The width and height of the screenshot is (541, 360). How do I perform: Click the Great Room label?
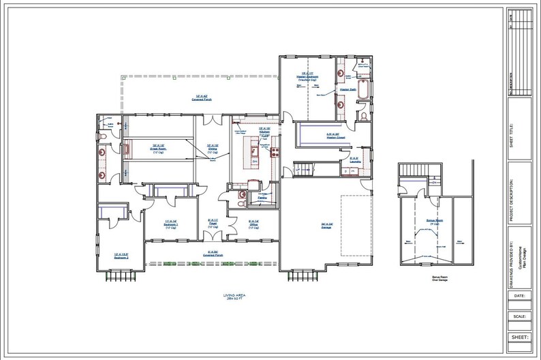[x=159, y=147]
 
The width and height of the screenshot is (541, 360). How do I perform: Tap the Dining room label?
[x=212, y=147]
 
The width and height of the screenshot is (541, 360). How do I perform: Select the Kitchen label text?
[x=264, y=130]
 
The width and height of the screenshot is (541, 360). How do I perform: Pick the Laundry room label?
[x=354, y=159]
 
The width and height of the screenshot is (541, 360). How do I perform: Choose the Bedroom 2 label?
[x=121, y=256]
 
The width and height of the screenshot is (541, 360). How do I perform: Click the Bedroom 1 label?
[x=170, y=223]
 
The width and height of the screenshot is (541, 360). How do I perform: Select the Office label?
[x=253, y=223]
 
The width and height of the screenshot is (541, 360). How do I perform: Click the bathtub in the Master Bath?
[x=363, y=90]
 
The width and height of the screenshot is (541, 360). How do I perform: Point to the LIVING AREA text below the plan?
[x=234, y=297]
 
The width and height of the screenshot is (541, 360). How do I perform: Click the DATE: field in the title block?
[x=519, y=296]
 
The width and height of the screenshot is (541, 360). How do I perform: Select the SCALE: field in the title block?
[x=519, y=316]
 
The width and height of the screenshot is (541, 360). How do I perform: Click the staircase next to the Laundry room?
[x=303, y=167]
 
